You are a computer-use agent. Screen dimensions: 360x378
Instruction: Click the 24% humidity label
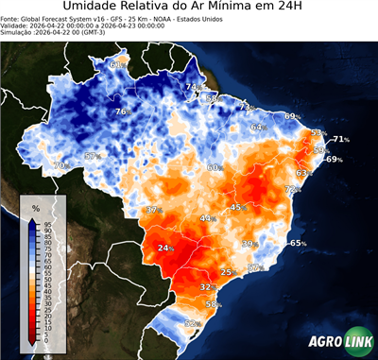pos(166,249)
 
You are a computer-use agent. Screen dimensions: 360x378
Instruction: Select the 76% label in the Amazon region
pos(122,112)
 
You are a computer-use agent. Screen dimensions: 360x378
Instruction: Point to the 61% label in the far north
pos(117,65)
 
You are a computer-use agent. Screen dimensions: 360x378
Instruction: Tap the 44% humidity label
pos(207,218)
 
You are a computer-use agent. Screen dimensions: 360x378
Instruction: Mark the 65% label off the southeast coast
pos(298,244)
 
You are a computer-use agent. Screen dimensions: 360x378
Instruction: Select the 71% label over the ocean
pos(341,140)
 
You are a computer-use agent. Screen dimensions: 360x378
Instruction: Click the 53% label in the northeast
pos(318,133)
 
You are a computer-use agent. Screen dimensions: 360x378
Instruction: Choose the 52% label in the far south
pos(193,324)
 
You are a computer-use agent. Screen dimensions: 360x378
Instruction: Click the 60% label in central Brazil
pos(215,167)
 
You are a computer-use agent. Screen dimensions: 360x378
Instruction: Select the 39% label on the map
pos(250,244)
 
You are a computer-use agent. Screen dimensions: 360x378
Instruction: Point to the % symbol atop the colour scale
pos(35,208)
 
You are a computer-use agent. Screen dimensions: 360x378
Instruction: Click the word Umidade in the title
pos(94,9)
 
